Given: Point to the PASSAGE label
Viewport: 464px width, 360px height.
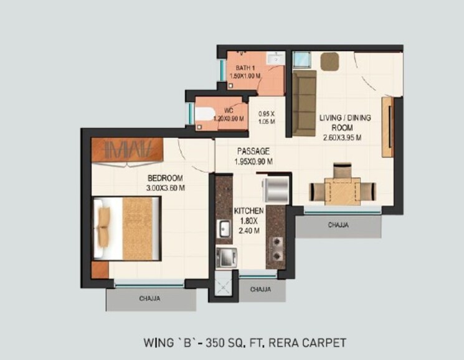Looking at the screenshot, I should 253,151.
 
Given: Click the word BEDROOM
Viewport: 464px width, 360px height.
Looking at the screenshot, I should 164,178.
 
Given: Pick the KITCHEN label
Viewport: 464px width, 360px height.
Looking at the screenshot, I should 250,211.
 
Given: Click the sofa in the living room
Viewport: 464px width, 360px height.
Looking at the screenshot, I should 304,103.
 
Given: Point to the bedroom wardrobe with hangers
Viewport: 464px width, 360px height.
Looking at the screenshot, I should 128,150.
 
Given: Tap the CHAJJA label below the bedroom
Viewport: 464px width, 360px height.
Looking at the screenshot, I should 149,299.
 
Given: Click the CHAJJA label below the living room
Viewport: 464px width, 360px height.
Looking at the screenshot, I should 338,225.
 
